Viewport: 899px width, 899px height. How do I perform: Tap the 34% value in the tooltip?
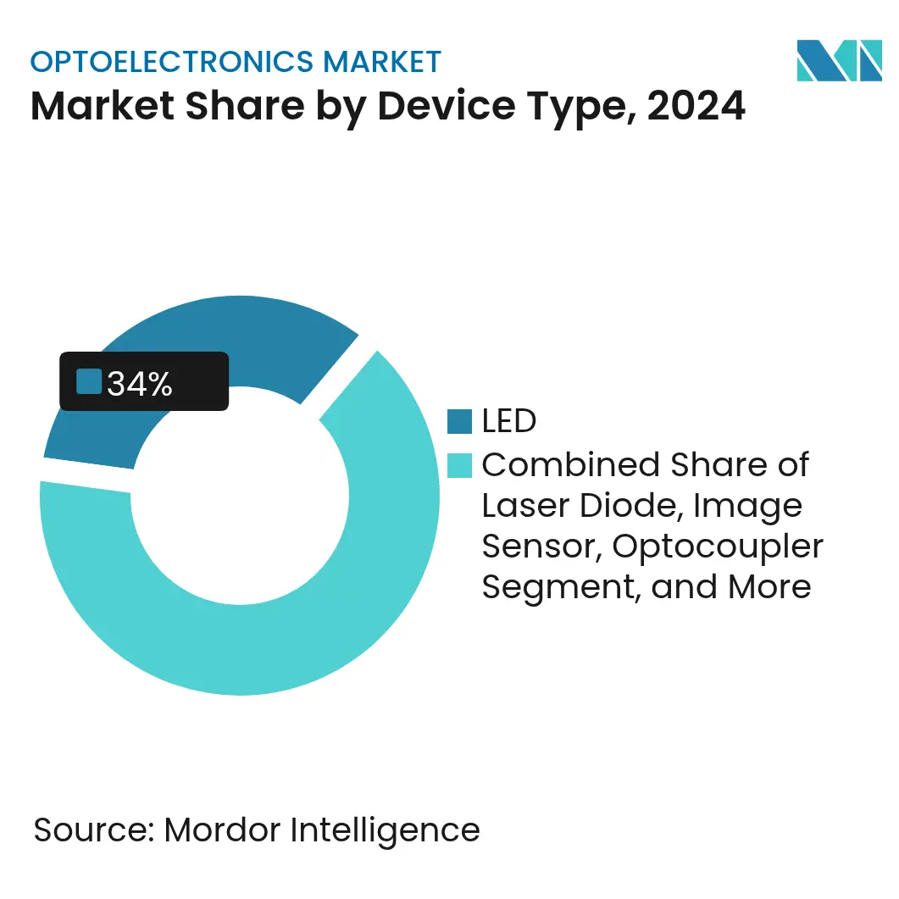[140, 384]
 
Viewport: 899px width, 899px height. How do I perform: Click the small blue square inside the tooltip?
[88, 381]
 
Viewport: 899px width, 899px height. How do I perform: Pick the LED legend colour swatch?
[459, 421]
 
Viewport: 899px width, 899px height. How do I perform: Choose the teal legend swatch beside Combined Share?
[459, 465]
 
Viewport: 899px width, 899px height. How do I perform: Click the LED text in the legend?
[509, 421]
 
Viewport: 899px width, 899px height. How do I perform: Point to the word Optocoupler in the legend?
[718, 547]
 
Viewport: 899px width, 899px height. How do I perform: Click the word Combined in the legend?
[570, 465]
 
